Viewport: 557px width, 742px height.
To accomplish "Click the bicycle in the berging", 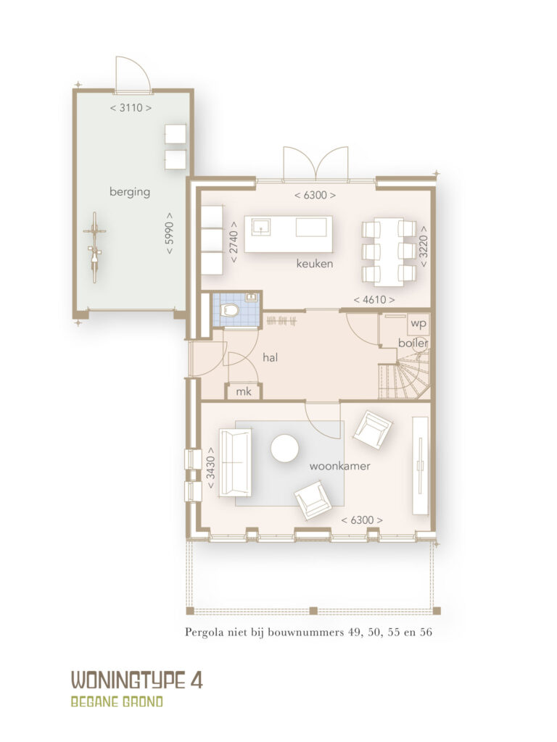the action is (94, 247).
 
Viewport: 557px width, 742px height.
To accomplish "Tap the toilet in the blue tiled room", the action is (231, 310).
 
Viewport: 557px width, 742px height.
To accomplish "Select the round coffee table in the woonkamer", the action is (284, 449).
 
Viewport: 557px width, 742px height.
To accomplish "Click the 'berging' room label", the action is (130, 191).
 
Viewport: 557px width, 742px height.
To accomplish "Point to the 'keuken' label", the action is (315, 264).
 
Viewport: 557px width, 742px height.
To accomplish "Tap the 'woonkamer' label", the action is (339, 466).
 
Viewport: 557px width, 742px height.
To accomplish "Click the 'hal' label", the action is (270, 357).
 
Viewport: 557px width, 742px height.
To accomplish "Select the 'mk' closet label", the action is (244, 392).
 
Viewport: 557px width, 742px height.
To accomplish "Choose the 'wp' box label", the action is (418, 324).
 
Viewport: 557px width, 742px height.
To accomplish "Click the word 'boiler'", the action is (413, 343).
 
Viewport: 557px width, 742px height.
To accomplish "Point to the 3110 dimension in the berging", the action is (131, 108).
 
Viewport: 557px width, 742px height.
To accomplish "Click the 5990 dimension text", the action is (170, 233).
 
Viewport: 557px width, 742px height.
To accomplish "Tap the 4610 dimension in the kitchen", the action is (374, 299).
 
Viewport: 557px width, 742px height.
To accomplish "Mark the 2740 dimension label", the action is (234, 243).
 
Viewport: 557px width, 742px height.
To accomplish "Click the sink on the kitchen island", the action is (260, 227).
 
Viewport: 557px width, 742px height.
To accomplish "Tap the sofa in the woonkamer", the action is (235, 463).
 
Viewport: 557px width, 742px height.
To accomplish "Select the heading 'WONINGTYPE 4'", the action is (137, 680).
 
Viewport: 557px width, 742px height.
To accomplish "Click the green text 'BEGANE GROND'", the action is (117, 701).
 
